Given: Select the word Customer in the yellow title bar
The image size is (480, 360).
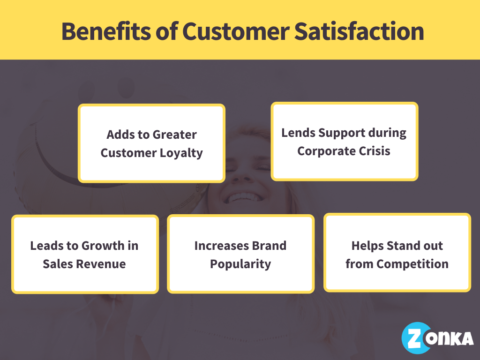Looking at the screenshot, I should tap(236, 31).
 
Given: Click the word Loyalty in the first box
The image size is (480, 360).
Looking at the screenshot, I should tap(180, 153).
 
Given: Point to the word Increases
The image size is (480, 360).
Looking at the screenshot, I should tap(221, 246).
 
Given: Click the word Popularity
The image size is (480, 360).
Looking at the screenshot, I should tap(240, 264).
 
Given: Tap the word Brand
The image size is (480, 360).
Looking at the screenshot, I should tap(269, 246).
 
